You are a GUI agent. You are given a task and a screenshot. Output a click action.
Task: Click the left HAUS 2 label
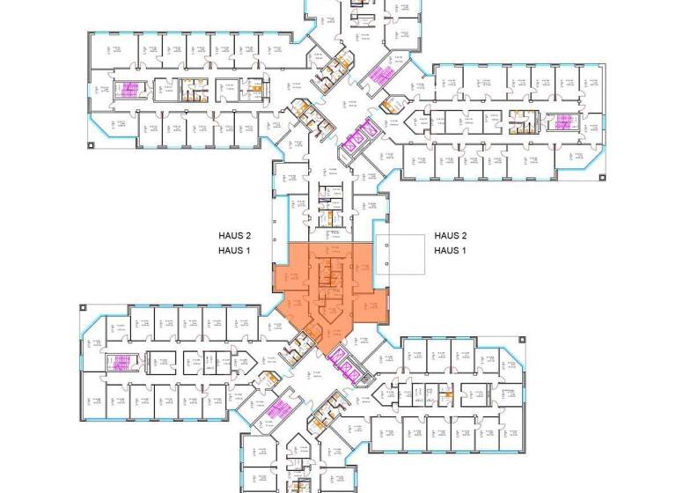pyautogui.click(x=235, y=236)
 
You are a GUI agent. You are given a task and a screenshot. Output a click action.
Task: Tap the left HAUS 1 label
pyautogui.click(x=235, y=251)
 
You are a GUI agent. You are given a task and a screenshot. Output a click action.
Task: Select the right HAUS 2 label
pyautogui.click(x=450, y=236)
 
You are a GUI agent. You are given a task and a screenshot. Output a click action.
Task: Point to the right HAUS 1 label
pyautogui.click(x=450, y=251)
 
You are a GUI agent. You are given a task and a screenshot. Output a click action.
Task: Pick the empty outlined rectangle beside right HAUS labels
pyautogui.click(x=399, y=257)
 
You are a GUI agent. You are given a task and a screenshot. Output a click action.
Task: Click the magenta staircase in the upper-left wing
pyautogui.click(x=131, y=89)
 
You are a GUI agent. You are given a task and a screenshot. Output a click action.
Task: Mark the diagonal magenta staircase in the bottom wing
pyautogui.click(x=280, y=410)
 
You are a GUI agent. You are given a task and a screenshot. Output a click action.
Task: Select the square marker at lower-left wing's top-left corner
pyautogui.click(x=82, y=307)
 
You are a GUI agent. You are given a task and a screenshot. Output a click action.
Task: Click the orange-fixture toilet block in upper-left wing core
pyautogui.click(x=189, y=88)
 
